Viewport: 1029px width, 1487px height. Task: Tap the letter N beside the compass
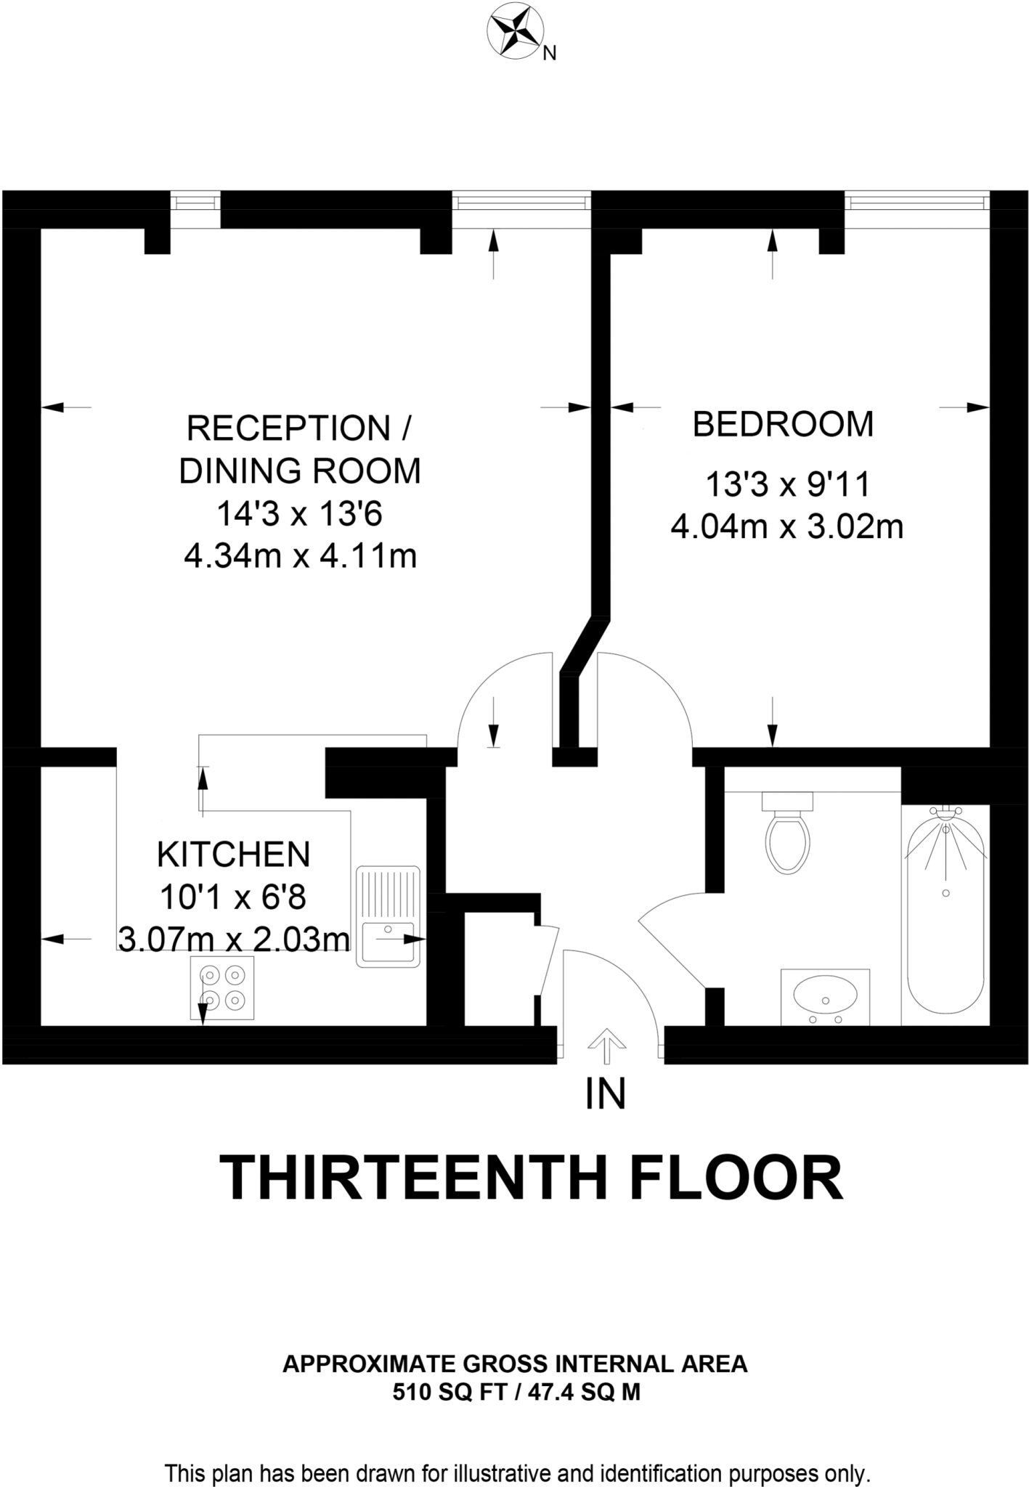550,54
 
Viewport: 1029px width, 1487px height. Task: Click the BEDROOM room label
783,424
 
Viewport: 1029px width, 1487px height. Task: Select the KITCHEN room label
234,855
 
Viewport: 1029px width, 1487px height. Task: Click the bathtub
945,915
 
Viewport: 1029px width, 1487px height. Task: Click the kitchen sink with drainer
388,916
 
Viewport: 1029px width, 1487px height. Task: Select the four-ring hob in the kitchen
222,987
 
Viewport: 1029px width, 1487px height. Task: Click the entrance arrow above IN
606,1046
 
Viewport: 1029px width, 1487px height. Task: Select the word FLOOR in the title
736,1179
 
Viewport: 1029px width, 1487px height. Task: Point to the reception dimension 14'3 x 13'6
299,515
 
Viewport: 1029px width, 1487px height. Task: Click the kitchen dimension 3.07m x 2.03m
234,940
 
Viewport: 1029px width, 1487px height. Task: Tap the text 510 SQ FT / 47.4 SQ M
516,1393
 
